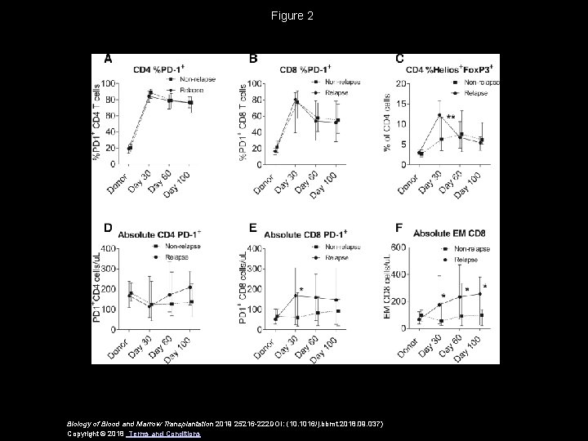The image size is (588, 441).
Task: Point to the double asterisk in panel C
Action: (452, 118)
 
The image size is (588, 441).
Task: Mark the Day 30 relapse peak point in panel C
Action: (439, 115)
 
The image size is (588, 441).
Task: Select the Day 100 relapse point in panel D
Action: (190, 287)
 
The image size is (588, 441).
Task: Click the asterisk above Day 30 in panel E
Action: (301, 290)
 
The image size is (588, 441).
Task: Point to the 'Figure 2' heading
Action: (294, 16)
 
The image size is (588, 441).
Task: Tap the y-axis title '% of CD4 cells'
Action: (410, 122)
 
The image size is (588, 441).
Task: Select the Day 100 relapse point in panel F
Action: (480, 294)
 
